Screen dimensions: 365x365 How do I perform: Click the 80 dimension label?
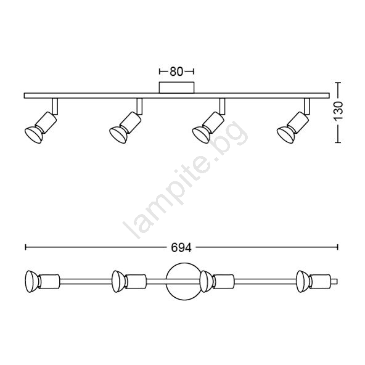(176, 72)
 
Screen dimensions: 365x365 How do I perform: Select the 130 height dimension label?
(338, 111)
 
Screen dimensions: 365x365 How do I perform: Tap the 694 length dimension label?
(181, 248)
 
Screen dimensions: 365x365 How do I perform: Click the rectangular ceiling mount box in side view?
(176, 88)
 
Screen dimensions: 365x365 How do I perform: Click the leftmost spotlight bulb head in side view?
(33, 135)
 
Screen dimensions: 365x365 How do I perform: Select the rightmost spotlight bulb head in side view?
(285, 135)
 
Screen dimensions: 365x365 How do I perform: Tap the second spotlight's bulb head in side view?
(118, 135)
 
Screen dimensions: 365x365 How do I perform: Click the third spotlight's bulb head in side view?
(201, 135)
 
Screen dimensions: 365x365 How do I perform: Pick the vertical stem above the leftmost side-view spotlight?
(55, 106)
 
